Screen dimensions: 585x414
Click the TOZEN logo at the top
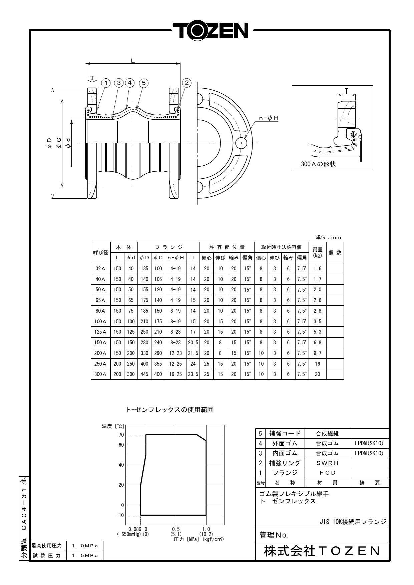click(x=211, y=31)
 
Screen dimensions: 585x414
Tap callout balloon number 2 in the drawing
click(x=187, y=83)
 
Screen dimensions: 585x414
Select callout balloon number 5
click(x=143, y=83)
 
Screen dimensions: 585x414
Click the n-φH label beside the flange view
click(x=269, y=118)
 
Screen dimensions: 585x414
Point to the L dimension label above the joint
click(x=133, y=60)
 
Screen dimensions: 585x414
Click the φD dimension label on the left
click(x=49, y=143)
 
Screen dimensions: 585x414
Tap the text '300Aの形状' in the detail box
click(x=318, y=164)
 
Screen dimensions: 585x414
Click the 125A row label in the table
click(x=100, y=332)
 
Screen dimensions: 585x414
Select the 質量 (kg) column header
click(x=317, y=252)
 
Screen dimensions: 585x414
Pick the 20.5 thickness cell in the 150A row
click(x=193, y=342)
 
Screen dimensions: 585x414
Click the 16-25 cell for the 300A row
click(x=175, y=374)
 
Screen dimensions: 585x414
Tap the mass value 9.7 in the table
click(x=317, y=353)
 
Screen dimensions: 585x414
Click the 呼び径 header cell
click(x=100, y=252)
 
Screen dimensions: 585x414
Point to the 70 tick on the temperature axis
click(x=121, y=435)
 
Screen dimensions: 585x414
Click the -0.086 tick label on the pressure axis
click(x=133, y=529)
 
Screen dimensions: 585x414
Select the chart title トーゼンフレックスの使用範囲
click(x=170, y=410)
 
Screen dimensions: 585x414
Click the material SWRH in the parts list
click(x=327, y=463)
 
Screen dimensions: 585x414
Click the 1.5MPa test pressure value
click(x=85, y=555)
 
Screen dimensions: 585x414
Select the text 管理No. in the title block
click(x=274, y=535)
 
